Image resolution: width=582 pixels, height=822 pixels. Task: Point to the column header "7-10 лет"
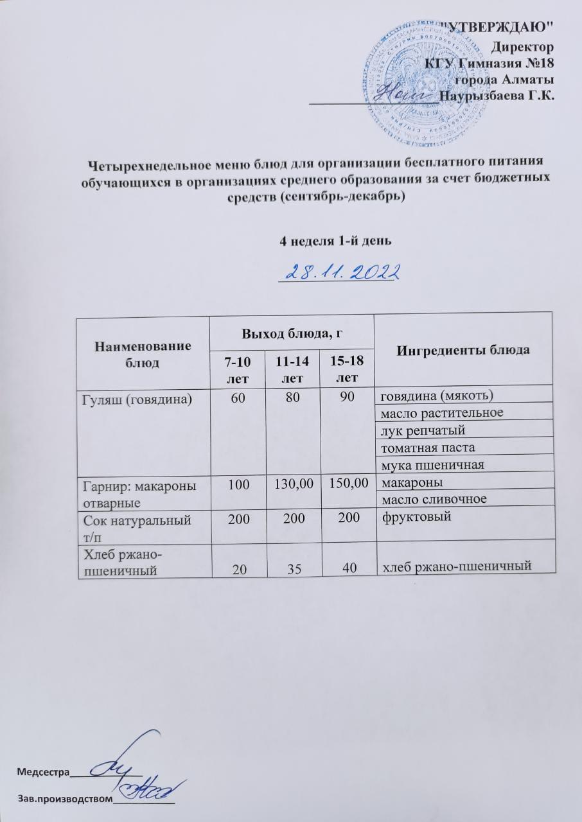click(x=234, y=368)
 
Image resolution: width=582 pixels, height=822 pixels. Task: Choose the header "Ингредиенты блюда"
click(x=463, y=351)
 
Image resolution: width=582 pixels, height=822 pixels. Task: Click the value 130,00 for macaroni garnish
click(x=290, y=480)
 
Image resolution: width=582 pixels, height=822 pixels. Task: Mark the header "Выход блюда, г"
click(x=292, y=333)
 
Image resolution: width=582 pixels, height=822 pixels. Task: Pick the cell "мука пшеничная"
click(x=428, y=464)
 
